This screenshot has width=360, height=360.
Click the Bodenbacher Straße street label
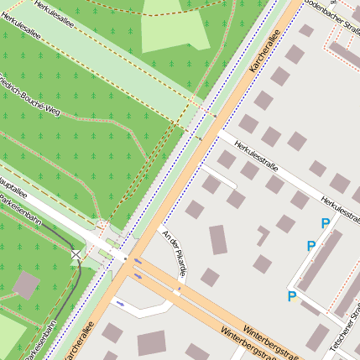(x=332, y=18)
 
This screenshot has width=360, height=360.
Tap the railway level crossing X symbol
(x=76, y=254)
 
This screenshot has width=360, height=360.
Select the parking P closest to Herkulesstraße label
(x=325, y=223)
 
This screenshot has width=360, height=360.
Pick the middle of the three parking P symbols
(x=310, y=246)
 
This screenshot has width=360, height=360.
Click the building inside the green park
(x=26, y=285)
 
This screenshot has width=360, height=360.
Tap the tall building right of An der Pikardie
(x=218, y=239)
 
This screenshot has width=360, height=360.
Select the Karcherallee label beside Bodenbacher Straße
(x=267, y=52)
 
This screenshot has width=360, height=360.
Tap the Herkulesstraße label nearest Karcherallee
(x=257, y=155)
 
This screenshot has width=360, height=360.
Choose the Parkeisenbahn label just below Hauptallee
(x=20, y=210)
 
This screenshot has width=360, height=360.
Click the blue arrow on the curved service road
(x=120, y=303)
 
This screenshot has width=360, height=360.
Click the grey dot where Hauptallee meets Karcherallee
(x=124, y=259)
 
